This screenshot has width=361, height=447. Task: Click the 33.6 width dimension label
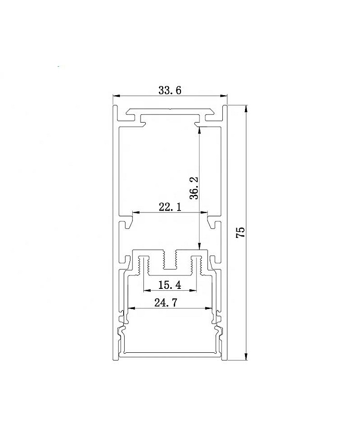click(x=170, y=90)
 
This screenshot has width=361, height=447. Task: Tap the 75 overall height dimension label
click(x=241, y=232)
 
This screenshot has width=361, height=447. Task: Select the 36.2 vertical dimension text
click(x=194, y=188)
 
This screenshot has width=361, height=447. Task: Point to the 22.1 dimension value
click(x=170, y=207)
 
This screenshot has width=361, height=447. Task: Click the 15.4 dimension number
click(x=170, y=285)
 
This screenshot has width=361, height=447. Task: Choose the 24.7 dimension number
click(x=166, y=302)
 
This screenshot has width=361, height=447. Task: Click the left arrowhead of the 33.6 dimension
click(x=116, y=96)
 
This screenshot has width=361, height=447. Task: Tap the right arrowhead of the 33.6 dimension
click(x=224, y=96)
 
